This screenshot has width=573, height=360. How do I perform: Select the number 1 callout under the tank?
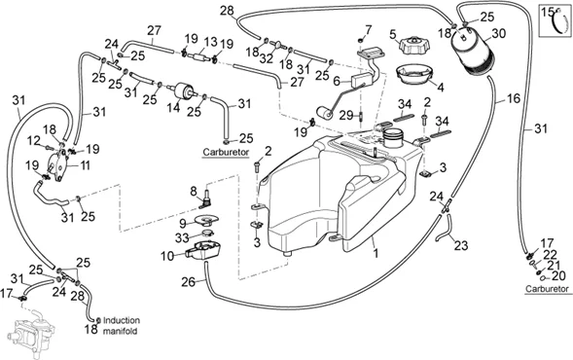pyautogui.click(x=376, y=253)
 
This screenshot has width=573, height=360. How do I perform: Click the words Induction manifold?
pyautogui.click(x=122, y=326)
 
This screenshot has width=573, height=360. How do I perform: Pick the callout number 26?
pyautogui.click(x=188, y=282)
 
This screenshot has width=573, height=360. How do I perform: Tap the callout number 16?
pyautogui.click(x=514, y=98)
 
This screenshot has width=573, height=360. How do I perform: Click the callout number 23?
pyautogui.click(x=460, y=245)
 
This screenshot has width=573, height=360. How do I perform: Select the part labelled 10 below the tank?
pyautogui.click(x=204, y=250)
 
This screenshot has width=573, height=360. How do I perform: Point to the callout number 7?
pyautogui.click(x=368, y=29)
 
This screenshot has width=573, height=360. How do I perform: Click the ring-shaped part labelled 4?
pyautogui.click(x=414, y=75)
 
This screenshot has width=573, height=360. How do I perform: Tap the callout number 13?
pyautogui.click(x=211, y=43)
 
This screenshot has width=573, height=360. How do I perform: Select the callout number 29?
pyautogui.click(x=345, y=116)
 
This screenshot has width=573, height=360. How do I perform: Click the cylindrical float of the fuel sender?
pyautogui.click(x=324, y=113)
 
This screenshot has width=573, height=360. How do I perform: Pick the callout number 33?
pyautogui.click(x=182, y=238)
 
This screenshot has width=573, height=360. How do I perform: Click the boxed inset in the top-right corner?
pyautogui.click(x=555, y=20)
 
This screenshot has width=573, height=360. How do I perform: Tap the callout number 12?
pyautogui.click(x=33, y=140)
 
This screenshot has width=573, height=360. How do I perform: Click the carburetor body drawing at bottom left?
pyautogui.click(x=33, y=334)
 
